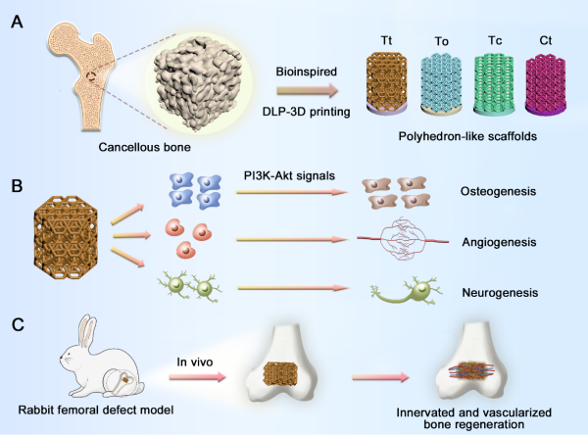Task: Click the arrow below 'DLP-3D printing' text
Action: click(x=304, y=93)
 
